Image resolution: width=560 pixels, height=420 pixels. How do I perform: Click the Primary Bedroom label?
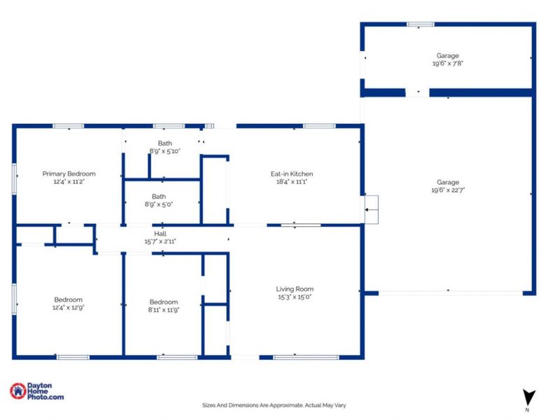[69, 174]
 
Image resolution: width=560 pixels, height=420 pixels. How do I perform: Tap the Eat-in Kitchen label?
[292, 174]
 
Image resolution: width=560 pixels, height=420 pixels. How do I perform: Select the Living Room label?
[294, 288]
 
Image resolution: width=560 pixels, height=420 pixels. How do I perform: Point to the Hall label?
[160, 234]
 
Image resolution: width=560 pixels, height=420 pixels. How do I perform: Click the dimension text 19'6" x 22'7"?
[448, 190]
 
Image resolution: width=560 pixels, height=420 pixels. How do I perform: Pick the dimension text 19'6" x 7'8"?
[448, 63]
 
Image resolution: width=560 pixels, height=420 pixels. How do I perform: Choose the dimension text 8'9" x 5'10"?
[164, 151]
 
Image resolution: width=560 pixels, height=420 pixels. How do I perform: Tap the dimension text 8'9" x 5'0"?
[160, 204]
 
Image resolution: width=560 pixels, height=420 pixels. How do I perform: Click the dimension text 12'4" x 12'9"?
[69, 307]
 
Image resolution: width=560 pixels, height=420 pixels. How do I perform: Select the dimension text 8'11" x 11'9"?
[164, 309]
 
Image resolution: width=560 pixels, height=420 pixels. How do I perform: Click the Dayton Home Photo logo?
[36, 392]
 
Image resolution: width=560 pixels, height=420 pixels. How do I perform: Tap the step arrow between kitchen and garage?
[370, 208]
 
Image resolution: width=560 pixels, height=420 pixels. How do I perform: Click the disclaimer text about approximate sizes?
[274, 405]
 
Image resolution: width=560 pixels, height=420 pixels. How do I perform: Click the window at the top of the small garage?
[420, 24]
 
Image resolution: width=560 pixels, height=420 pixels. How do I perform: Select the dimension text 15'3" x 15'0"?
[294, 296]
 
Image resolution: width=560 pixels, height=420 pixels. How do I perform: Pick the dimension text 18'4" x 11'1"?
[292, 181]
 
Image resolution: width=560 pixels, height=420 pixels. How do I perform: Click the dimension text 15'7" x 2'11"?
[160, 241]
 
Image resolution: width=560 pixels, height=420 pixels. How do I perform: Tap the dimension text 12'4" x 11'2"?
[69, 181]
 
